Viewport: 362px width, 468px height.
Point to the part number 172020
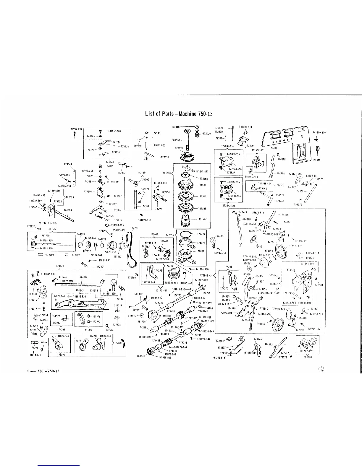tap(207, 134)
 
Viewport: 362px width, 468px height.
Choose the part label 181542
tap(203, 196)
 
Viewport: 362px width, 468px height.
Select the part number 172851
tap(201, 251)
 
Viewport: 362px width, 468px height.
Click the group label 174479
tap(60, 266)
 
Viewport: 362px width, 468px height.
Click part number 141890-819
tap(319, 133)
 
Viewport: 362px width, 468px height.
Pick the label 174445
tap(316, 160)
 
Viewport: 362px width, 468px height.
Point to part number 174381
tap(221, 236)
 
